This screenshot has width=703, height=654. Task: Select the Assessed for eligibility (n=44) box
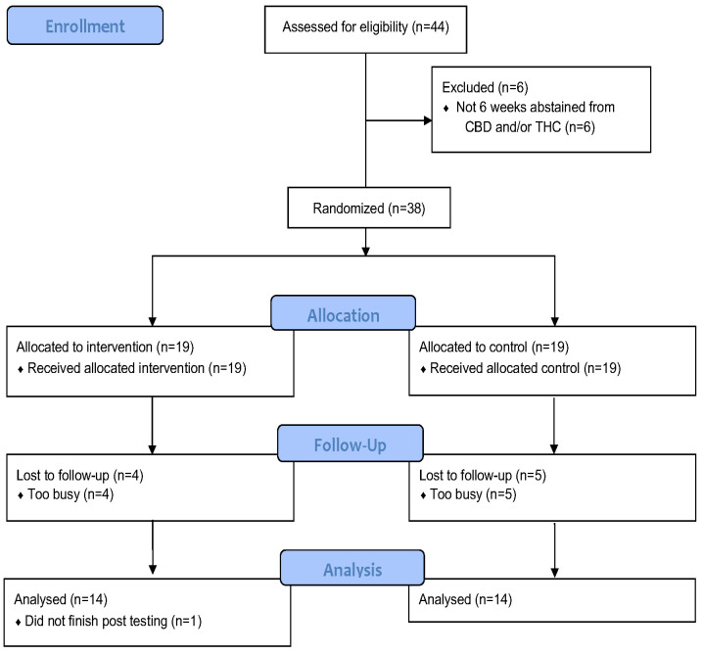pyautogui.click(x=364, y=26)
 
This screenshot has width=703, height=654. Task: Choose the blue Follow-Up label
pyautogui.click(x=351, y=444)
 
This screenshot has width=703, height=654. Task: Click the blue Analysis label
pyautogui.click(x=351, y=567)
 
